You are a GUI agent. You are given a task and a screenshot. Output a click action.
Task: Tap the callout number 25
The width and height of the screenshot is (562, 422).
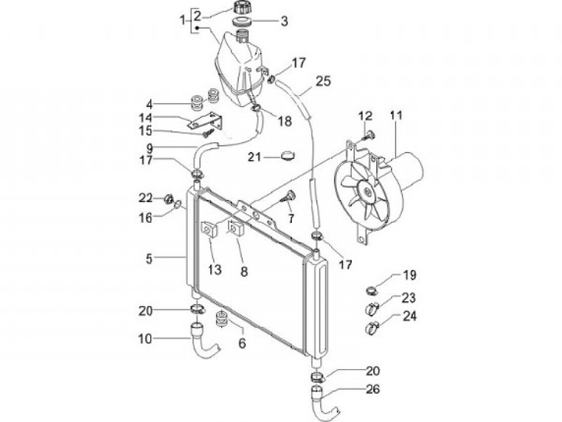coord(324,80)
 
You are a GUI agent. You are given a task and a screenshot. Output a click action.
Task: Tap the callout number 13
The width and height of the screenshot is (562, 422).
coord(215,270)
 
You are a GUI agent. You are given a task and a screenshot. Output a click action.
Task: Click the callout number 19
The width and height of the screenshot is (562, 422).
coord(410,275)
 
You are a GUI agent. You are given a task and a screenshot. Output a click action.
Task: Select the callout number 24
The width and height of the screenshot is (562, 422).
coord(410,317)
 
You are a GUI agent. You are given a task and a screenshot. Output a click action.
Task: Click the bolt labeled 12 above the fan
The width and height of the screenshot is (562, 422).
coord(370,136)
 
